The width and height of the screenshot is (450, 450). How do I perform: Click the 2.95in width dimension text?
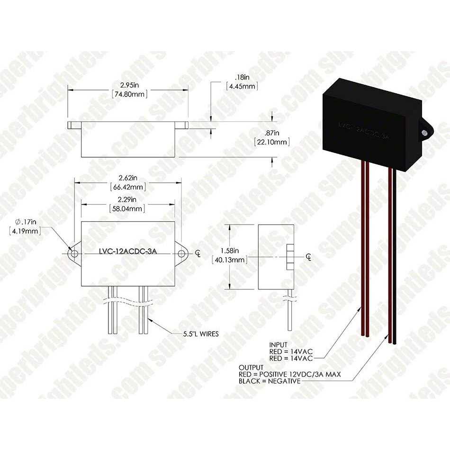(x=129, y=85)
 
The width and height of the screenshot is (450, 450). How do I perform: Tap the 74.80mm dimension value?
(x=129, y=94)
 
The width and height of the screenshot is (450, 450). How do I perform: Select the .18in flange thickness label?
(x=242, y=77)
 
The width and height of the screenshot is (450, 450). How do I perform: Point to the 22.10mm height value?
(x=272, y=142)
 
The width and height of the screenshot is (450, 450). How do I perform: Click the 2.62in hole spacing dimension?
(x=128, y=178)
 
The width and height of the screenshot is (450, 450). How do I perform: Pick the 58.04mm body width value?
(x=127, y=208)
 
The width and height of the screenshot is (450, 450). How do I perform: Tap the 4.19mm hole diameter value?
(x=25, y=231)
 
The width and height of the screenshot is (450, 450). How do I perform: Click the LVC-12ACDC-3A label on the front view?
(x=128, y=251)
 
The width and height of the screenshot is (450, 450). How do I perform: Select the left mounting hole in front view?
(x=74, y=254)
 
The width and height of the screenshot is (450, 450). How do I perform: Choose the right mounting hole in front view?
(x=181, y=254)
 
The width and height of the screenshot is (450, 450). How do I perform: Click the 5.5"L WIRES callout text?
(x=201, y=334)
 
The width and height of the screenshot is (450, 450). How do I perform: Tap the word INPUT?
(x=278, y=345)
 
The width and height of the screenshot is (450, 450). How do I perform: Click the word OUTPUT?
(x=251, y=368)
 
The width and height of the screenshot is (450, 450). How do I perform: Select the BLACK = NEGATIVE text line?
(x=270, y=381)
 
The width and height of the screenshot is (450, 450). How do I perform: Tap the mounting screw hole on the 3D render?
(x=424, y=133)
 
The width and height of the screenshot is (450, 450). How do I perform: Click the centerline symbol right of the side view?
(x=308, y=257)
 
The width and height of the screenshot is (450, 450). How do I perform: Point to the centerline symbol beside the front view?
(x=198, y=254)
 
